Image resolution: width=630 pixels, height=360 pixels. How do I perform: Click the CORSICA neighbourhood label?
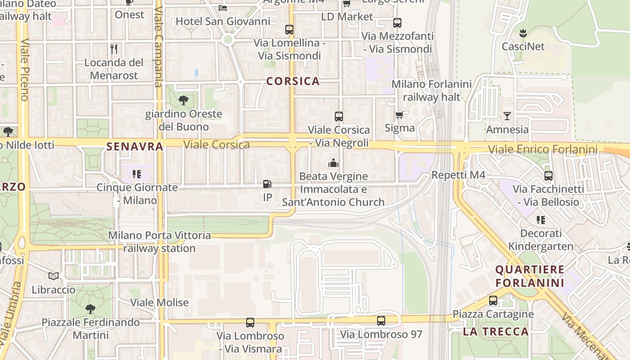click(x=293, y=81)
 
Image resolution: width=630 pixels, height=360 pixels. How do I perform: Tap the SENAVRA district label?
click(x=135, y=147)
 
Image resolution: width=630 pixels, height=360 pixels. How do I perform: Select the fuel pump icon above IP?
click(x=267, y=184)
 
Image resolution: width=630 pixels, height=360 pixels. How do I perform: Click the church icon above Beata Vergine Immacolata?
click(x=333, y=162)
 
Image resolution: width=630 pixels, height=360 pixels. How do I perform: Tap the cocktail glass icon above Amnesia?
click(x=507, y=116)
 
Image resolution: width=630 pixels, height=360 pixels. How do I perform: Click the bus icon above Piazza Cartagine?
click(x=493, y=301)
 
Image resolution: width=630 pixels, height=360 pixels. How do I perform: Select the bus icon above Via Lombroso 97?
click(x=381, y=321)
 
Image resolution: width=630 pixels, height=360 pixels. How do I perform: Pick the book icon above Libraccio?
click(x=54, y=276)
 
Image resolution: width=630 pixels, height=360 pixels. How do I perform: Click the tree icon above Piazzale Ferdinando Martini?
click(x=90, y=309)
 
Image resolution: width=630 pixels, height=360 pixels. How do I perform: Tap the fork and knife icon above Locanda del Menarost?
click(x=114, y=49)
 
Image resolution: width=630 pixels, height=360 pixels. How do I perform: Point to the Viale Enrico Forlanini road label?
click(x=543, y=149)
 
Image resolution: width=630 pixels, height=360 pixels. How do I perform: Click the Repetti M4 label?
click(x=458, y=175)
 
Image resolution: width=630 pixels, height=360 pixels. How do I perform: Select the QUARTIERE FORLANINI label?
click(x=530, y=276)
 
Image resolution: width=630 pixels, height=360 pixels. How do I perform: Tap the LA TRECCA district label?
click(x=496, y=332)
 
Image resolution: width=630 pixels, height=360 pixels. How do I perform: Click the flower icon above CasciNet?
click(x=523, y=33)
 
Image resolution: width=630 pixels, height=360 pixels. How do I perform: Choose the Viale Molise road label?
click(x=160, y=302)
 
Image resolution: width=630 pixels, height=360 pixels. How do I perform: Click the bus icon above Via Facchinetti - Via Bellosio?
click(x=548, y=176)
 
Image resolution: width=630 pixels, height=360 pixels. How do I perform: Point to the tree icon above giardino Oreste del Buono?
click(x=183, y=100)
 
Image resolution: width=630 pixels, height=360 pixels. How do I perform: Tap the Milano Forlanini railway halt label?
click(x=432, y=90)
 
